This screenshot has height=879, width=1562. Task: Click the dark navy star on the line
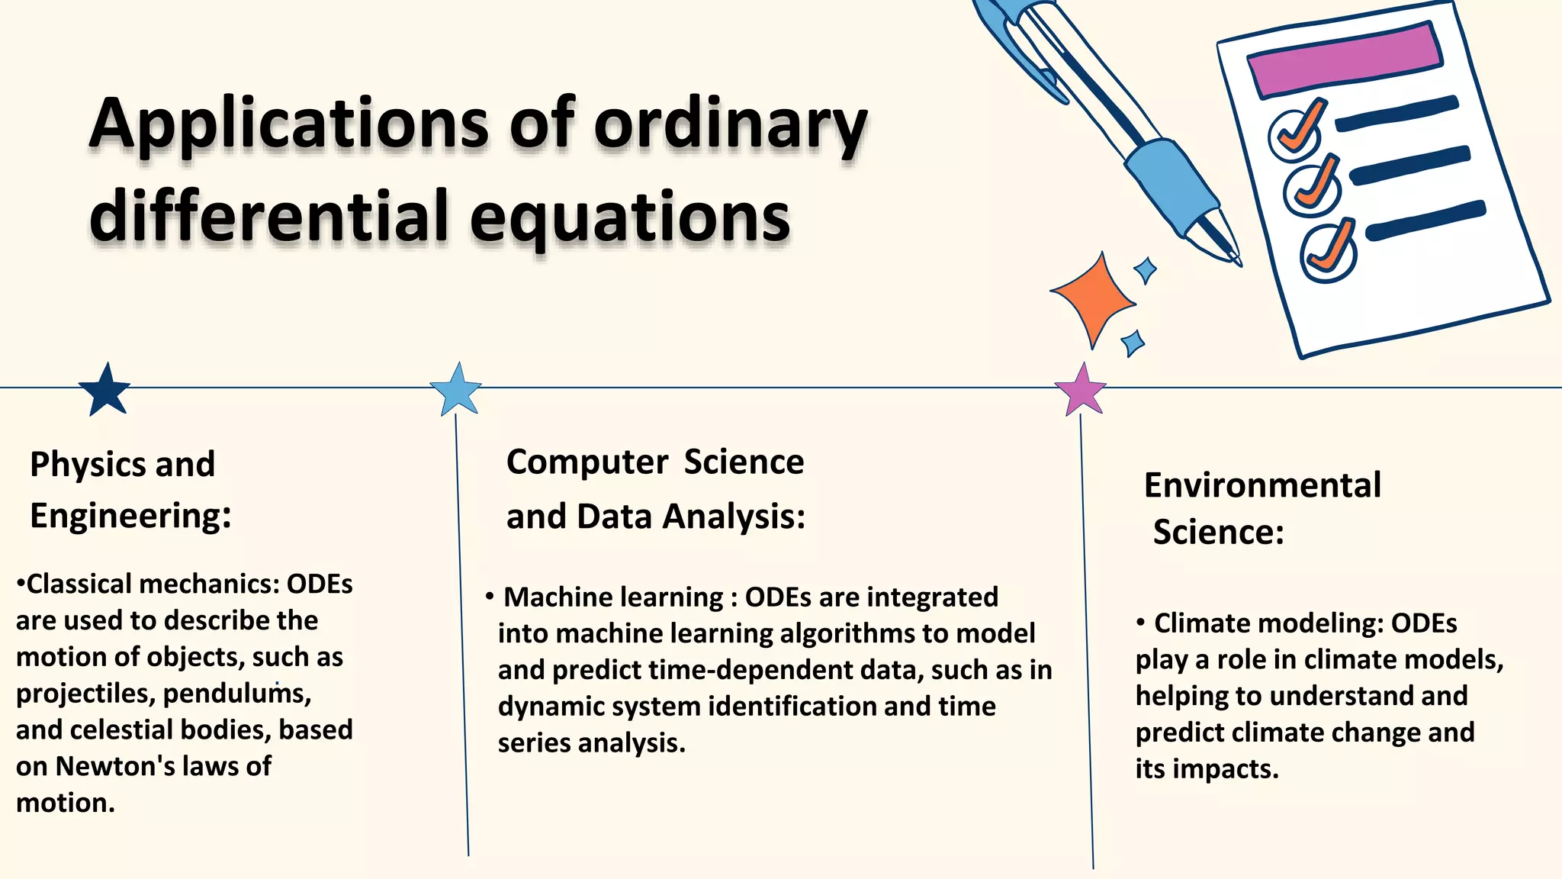[x=104, y=390]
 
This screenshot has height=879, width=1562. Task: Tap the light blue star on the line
[x=456, y=390]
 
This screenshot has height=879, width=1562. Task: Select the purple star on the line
[x=1081, y=390]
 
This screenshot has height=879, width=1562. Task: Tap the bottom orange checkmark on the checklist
[x=1332, y=246]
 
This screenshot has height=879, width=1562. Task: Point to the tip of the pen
[x=1236, y=259]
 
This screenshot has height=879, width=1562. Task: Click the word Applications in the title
[x=288, y=124]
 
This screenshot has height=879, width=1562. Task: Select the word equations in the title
[x=630, y=217]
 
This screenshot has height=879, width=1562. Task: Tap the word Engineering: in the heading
[x=130, y=516]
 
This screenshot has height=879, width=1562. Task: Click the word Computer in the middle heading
[x=587, y=462]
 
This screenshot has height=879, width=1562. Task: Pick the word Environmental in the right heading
[x=1262, y=485]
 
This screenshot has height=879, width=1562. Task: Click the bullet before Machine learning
[x=490, y=595]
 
